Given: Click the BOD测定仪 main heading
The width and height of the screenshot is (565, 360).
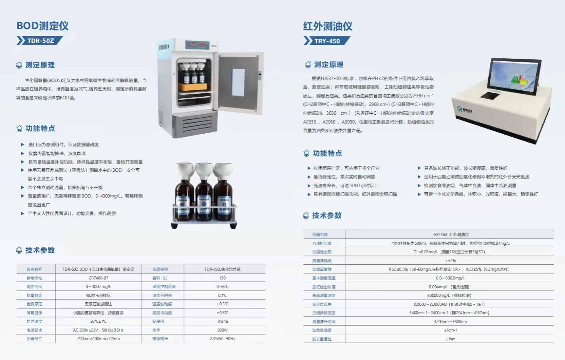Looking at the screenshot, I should coord(43,26).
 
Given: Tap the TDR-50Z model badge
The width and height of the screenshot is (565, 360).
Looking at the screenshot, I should coord(40,41).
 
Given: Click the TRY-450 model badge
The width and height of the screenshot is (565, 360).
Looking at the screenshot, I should coord(327,41).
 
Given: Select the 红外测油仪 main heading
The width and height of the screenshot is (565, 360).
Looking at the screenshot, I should coord(328,26).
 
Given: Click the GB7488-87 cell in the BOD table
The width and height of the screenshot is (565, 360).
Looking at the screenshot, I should coord(98,278).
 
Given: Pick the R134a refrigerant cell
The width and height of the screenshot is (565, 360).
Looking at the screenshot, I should coord(222,321).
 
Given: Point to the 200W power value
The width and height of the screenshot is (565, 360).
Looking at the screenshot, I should coord(222,330).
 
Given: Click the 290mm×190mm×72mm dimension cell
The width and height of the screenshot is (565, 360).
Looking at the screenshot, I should coord(98,339).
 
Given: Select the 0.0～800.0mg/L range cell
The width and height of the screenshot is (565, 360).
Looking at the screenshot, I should coord(450,278).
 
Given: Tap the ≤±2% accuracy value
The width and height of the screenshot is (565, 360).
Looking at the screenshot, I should coord(450,261).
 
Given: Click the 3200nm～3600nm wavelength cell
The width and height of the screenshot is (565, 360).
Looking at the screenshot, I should coord(450,322).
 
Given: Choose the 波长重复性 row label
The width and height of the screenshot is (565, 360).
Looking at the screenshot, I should coord(322,339).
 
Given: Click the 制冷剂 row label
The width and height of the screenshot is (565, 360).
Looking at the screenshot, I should coord(158,321).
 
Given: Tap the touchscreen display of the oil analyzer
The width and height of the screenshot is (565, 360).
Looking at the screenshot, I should coord(514,76).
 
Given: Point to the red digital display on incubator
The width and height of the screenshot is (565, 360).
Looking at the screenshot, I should coord(197,44).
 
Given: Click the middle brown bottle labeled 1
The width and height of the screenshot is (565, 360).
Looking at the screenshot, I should coord(204,200).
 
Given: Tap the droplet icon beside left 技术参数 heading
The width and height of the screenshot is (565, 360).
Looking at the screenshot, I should coord(19,250).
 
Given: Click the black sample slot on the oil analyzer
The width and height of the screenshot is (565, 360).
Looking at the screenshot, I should coord(490,96).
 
